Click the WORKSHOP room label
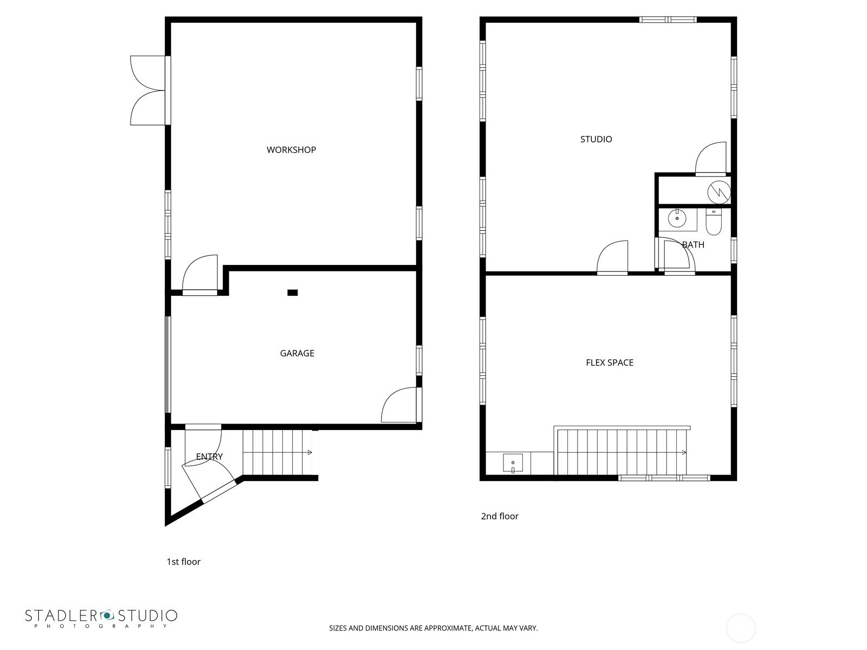tap(291, 150)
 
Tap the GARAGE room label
tap(297, 354)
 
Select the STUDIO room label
tap(596, 139)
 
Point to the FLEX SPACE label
tap(610, 363)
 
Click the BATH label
tap(693, 245)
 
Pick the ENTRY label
tap(209, 457)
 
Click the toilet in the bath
tap(714, 222)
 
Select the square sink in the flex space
tap(513, 463)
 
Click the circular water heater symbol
tap(719, 192)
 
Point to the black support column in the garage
tap(292, 293)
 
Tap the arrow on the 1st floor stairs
tap(310, 453)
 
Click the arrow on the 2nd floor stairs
tap(684, 453)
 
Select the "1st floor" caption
tap(183, 562)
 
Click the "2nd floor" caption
tap(500, 516)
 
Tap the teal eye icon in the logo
tap(107, 615)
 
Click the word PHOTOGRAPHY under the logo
tap(101, 626)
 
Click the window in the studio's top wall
tap(668, 19)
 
